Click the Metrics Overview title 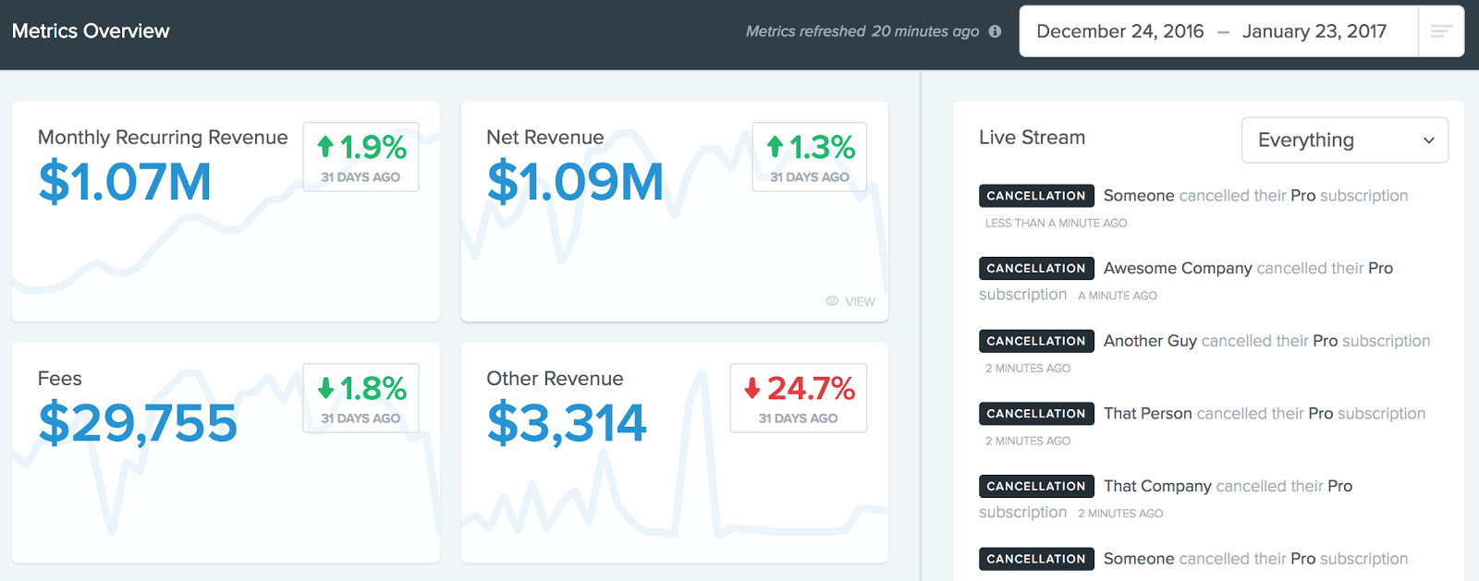click(x=91, y=31)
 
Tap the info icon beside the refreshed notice click(x=995, y=31)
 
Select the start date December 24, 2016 click(x=1119, y=31)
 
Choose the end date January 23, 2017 click(x=1314, y=31)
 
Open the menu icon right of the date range click(x=1440, y=31)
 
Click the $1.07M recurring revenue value click(x=125, y=181)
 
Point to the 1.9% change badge click(x=361, y=157)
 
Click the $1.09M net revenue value click(x=575, y=181)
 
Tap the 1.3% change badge click(x=810, y=157)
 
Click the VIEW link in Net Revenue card click(x=850, y=301)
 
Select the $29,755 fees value click(x=138, y=423)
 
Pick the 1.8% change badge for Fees click(x=361, y=398)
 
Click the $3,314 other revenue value click(x=567, y=423)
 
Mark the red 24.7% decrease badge click(x=799, y=398)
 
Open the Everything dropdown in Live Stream click(x=1344, y=140)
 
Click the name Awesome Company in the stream click(x=1178, y=268)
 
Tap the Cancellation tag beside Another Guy click(x=1036, y=341)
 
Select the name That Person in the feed click(x=1147, y=414)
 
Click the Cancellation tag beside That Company click(x=1036, y=486)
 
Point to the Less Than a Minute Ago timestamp click(x=1056, y=224)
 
